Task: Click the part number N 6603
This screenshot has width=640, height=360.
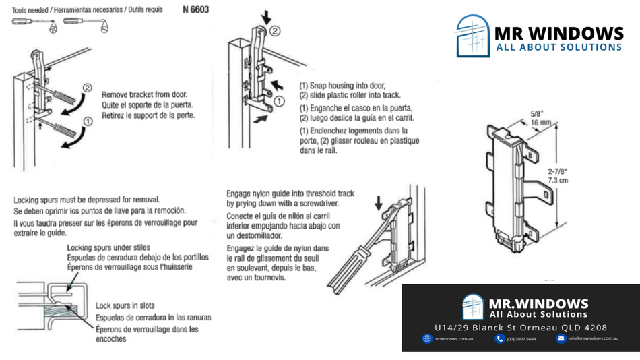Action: click(195, 10)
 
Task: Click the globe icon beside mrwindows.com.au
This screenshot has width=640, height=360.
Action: click(427, 338)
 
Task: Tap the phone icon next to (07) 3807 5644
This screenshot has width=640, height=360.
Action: click(499, 338)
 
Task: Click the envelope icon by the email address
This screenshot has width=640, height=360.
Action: click(561, 338)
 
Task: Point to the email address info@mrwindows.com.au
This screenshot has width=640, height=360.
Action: click(593, 338)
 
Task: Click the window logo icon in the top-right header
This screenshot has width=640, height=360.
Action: click(472, 36)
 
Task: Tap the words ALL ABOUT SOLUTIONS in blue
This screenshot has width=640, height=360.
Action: click(558, 47)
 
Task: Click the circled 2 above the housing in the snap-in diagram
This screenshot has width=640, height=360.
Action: click(275, 31)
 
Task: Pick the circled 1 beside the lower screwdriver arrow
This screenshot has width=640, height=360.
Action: click(88, 121)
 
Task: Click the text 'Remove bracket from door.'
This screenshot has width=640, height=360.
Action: click(144, 94)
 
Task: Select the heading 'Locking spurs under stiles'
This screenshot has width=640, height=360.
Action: click(108, 248)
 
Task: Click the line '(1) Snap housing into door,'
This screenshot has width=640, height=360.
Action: click(342, 86)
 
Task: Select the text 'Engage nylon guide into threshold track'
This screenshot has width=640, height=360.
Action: click(290, 193)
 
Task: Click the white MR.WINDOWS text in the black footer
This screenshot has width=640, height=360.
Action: click(538, 303)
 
